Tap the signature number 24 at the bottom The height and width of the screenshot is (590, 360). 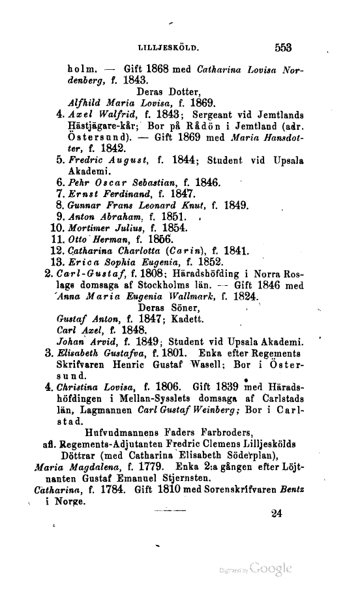coord(276,514)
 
